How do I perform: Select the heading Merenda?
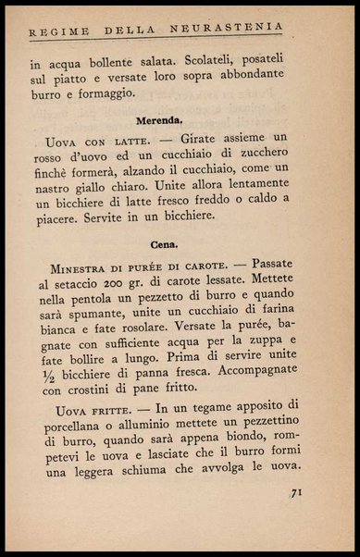tap(161, 120)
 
